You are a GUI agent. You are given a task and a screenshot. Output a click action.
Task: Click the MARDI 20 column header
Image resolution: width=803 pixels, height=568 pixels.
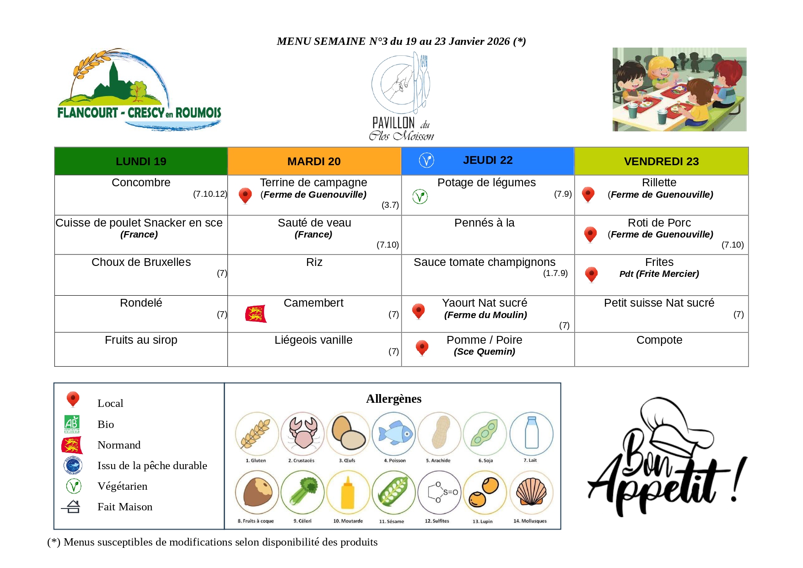pos(314,162)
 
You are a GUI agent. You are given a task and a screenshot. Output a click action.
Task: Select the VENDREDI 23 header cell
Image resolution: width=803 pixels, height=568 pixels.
pos(661,162)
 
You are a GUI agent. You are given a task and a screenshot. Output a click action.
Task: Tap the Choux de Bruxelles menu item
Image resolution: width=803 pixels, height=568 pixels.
pos(141,262)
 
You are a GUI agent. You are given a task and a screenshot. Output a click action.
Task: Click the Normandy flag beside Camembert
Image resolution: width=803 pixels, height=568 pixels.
pos(256,314)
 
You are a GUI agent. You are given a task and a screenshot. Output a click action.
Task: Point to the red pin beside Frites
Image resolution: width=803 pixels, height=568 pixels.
pos(591,274)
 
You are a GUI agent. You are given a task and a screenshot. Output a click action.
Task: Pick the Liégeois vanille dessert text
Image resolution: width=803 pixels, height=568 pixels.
pos(313,340)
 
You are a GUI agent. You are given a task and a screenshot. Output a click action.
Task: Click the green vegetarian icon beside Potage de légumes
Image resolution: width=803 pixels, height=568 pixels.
pos(420,196)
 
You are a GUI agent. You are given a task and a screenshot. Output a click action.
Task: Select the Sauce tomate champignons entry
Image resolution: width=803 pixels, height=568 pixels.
pos(484,262)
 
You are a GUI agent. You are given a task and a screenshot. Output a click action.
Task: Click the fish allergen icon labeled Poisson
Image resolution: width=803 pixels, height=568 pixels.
pos(393,433)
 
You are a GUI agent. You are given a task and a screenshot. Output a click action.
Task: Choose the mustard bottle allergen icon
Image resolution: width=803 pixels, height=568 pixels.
pos(348,493)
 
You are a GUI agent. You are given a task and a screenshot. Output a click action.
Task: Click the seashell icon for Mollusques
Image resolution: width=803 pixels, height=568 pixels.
pos(531,492)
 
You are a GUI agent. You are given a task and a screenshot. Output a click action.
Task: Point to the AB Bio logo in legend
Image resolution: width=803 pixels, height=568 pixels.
pos(72,424)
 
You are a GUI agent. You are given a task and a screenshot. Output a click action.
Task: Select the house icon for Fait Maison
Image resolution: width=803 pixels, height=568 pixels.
pos(72,507)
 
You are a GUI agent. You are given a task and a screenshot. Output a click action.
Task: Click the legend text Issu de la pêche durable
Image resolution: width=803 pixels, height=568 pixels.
pos(152,465)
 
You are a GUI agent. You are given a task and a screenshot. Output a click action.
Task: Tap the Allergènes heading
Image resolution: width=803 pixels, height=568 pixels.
pos(393,399)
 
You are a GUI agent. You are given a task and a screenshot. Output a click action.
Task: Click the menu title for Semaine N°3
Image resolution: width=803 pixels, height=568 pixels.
pos(401,41)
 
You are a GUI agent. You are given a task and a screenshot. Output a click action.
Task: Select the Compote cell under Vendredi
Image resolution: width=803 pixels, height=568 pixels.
pos(659,340)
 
